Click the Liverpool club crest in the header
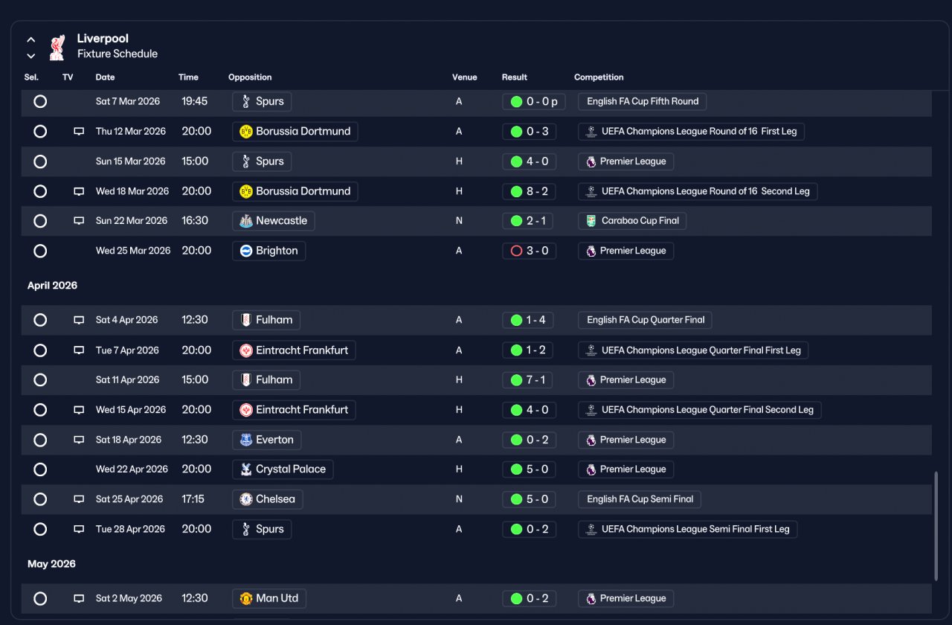(x=57, y=48)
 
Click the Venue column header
(x=464, y=77)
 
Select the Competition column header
(x=599, y=77)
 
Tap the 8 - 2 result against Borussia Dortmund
(x=529, y=191)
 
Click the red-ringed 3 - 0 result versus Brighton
(x=529, y=251)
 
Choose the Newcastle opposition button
(x=273, y=221)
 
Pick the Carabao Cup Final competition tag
(x=632, y=221)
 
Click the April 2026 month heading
(x=52, y=285)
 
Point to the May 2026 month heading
(x=51, y=564)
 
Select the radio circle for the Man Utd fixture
(x=40, y=599)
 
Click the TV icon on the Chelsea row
(x=79, y=499)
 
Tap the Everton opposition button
(x=266, y=440)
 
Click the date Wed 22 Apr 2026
(x=132, y=469)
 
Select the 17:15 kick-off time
(x=193, y=499)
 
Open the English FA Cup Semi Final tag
(x=639, y=499)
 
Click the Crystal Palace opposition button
(x=283, y=469)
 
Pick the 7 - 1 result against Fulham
(x=527, y=380)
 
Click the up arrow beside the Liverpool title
(x=31, y=40)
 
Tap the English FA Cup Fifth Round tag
(x=642, y=102)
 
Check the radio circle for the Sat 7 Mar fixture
(x=40, y=102)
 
